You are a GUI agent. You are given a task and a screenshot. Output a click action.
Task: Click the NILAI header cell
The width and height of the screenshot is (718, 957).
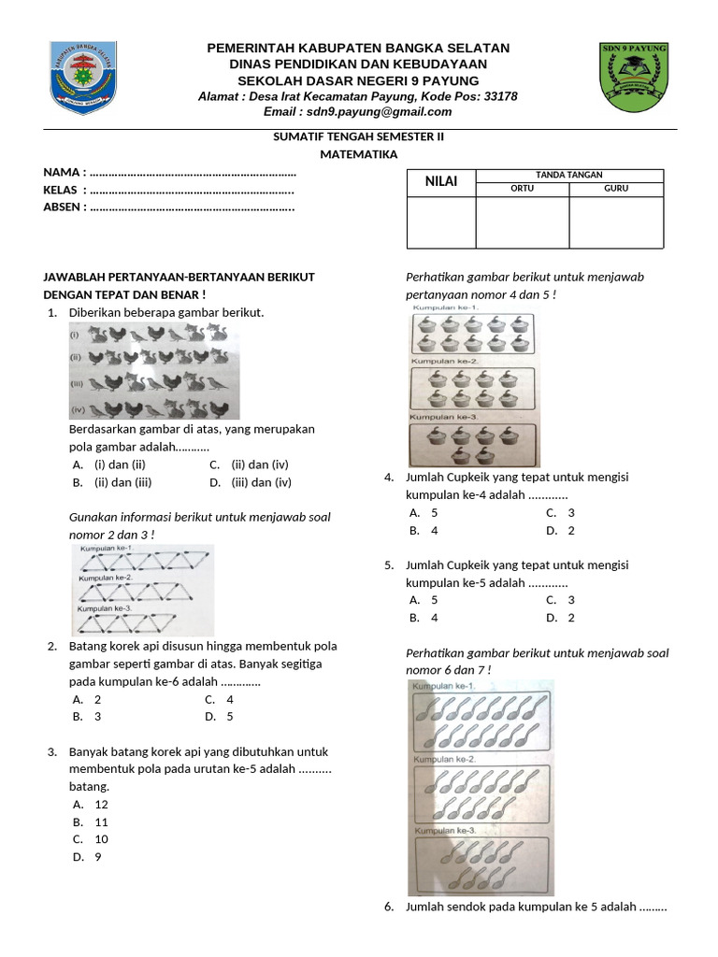tap(441, 181)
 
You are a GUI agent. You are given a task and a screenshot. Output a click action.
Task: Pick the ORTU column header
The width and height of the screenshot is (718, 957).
tap(522, 189)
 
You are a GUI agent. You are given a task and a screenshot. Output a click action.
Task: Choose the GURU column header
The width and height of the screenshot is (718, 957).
tap(616, 189)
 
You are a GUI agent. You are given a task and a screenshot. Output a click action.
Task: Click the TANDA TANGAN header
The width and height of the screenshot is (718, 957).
tap(568, 175)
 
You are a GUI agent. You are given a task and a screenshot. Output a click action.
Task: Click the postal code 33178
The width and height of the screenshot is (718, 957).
tap(498, 96)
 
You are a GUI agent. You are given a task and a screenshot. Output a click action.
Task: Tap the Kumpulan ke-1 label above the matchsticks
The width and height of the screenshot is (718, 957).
tap(107, 549)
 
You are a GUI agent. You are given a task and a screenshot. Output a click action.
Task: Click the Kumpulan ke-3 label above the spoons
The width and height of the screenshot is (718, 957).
tap(445, 830)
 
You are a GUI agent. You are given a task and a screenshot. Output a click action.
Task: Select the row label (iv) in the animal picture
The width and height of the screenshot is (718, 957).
tap(77, 409)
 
